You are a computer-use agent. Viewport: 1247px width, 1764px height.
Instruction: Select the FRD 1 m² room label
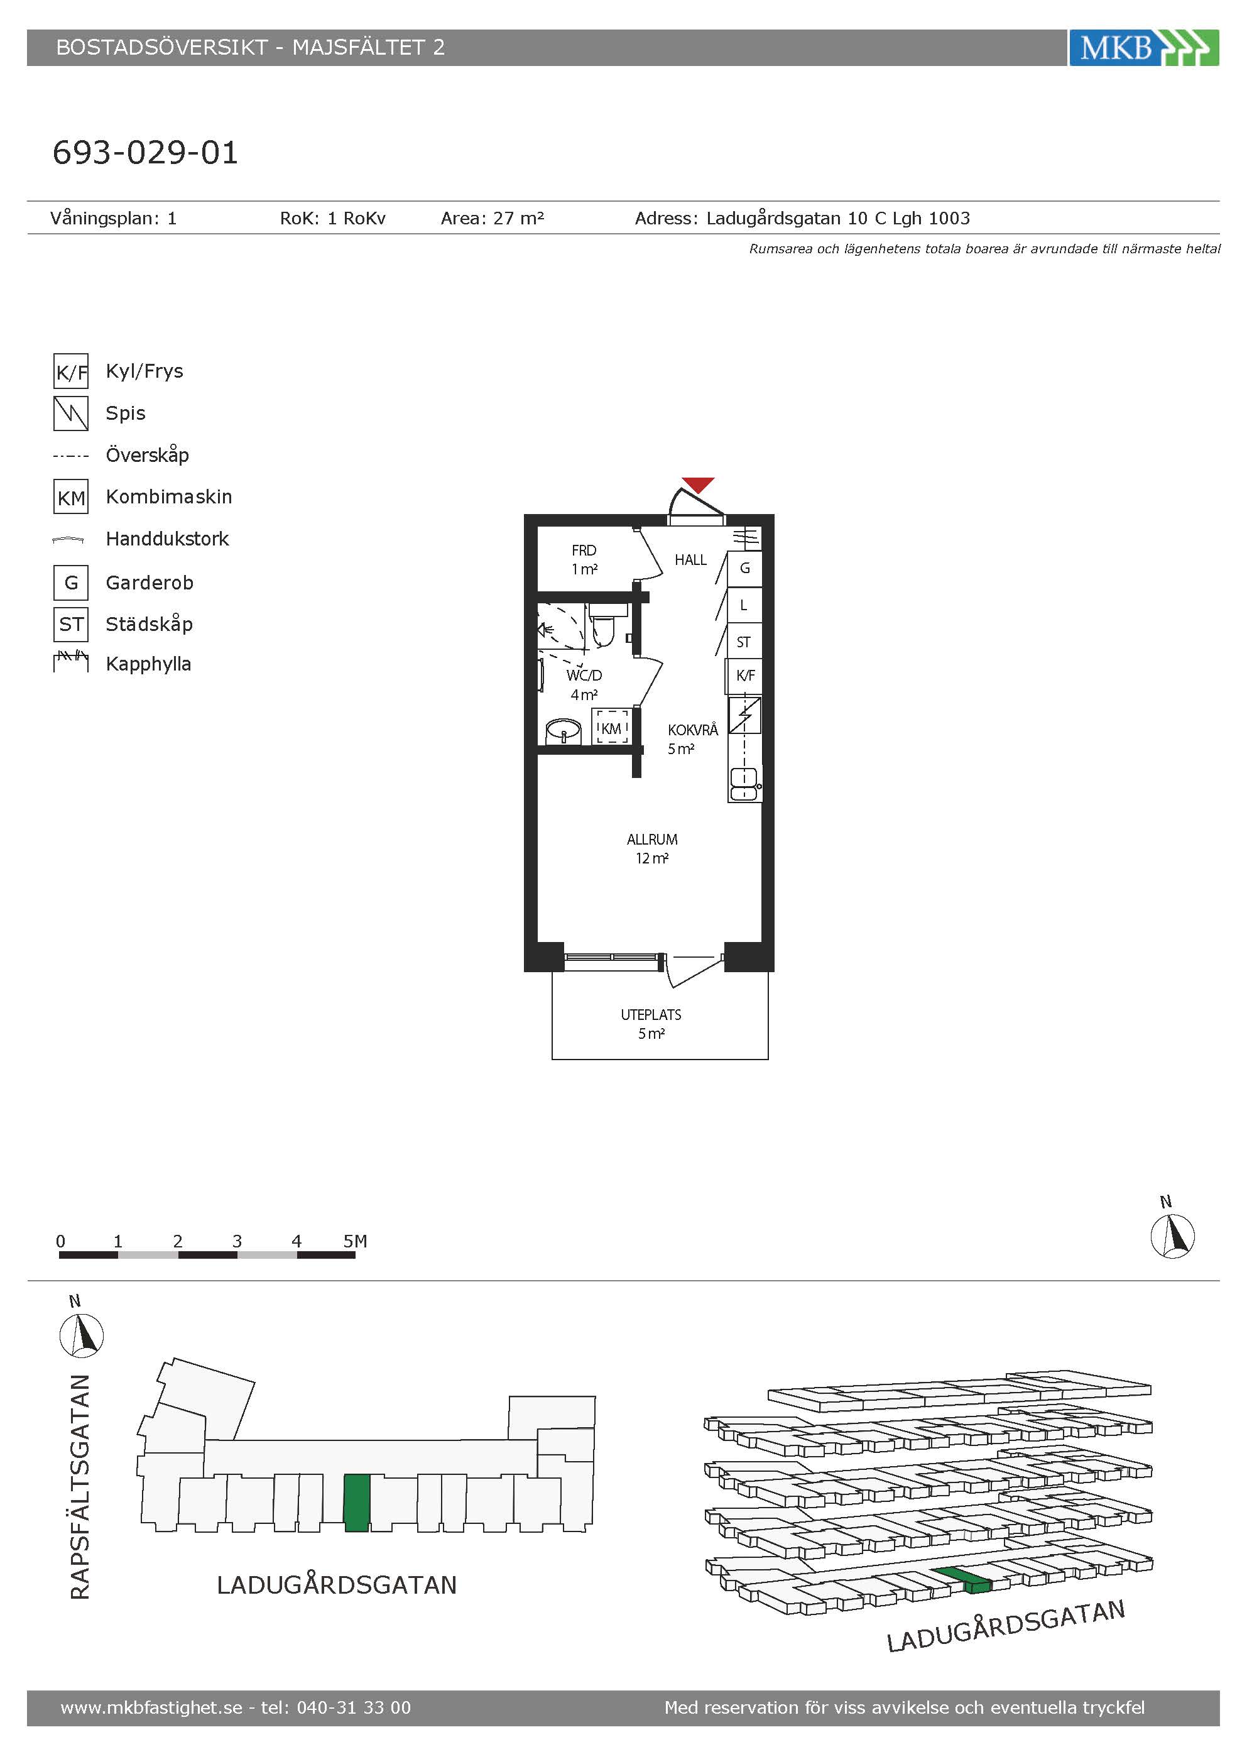pyautogui.click(x=584, y=559)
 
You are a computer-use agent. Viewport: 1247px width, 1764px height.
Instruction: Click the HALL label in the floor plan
pyautogui.click(x=690, y=560)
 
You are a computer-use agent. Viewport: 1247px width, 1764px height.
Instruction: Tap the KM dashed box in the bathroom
pyautogui.click(x=611, y=727)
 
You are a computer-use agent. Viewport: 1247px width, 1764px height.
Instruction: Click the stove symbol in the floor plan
pyautogui.click(x=745, y=715)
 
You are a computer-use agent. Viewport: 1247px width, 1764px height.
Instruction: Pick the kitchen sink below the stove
pyautogui.click(x=744, y=785)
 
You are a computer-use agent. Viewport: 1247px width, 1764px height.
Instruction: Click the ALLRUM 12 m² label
pyautogui.click(x=652, y=849)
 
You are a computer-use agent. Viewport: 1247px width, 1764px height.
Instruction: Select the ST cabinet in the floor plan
pyautogui.click(x=744, y=642)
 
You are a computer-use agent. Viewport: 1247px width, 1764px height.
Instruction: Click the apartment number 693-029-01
pyautogui.click(x=145, y=152)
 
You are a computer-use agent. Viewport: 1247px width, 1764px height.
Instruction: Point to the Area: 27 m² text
pyautogui.click(x=492, y=218)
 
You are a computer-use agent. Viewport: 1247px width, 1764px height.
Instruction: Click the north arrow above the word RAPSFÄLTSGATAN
pyautogui.click(x=82, y=1335)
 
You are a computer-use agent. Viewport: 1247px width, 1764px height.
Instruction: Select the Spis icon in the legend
pyautogui.click(x=70, y=414)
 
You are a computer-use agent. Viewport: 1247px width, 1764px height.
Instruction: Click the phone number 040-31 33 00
pyautogui.click(x=354, y=1708)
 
